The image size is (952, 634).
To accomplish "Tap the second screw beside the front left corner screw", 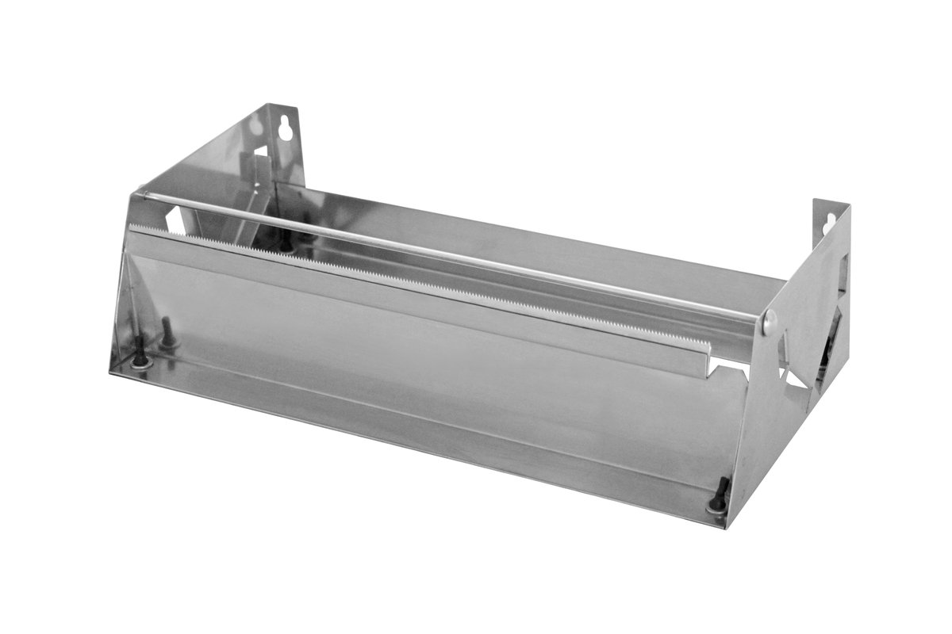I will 167,334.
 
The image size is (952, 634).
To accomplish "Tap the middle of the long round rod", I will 452,255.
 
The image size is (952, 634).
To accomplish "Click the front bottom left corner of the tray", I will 109,370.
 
